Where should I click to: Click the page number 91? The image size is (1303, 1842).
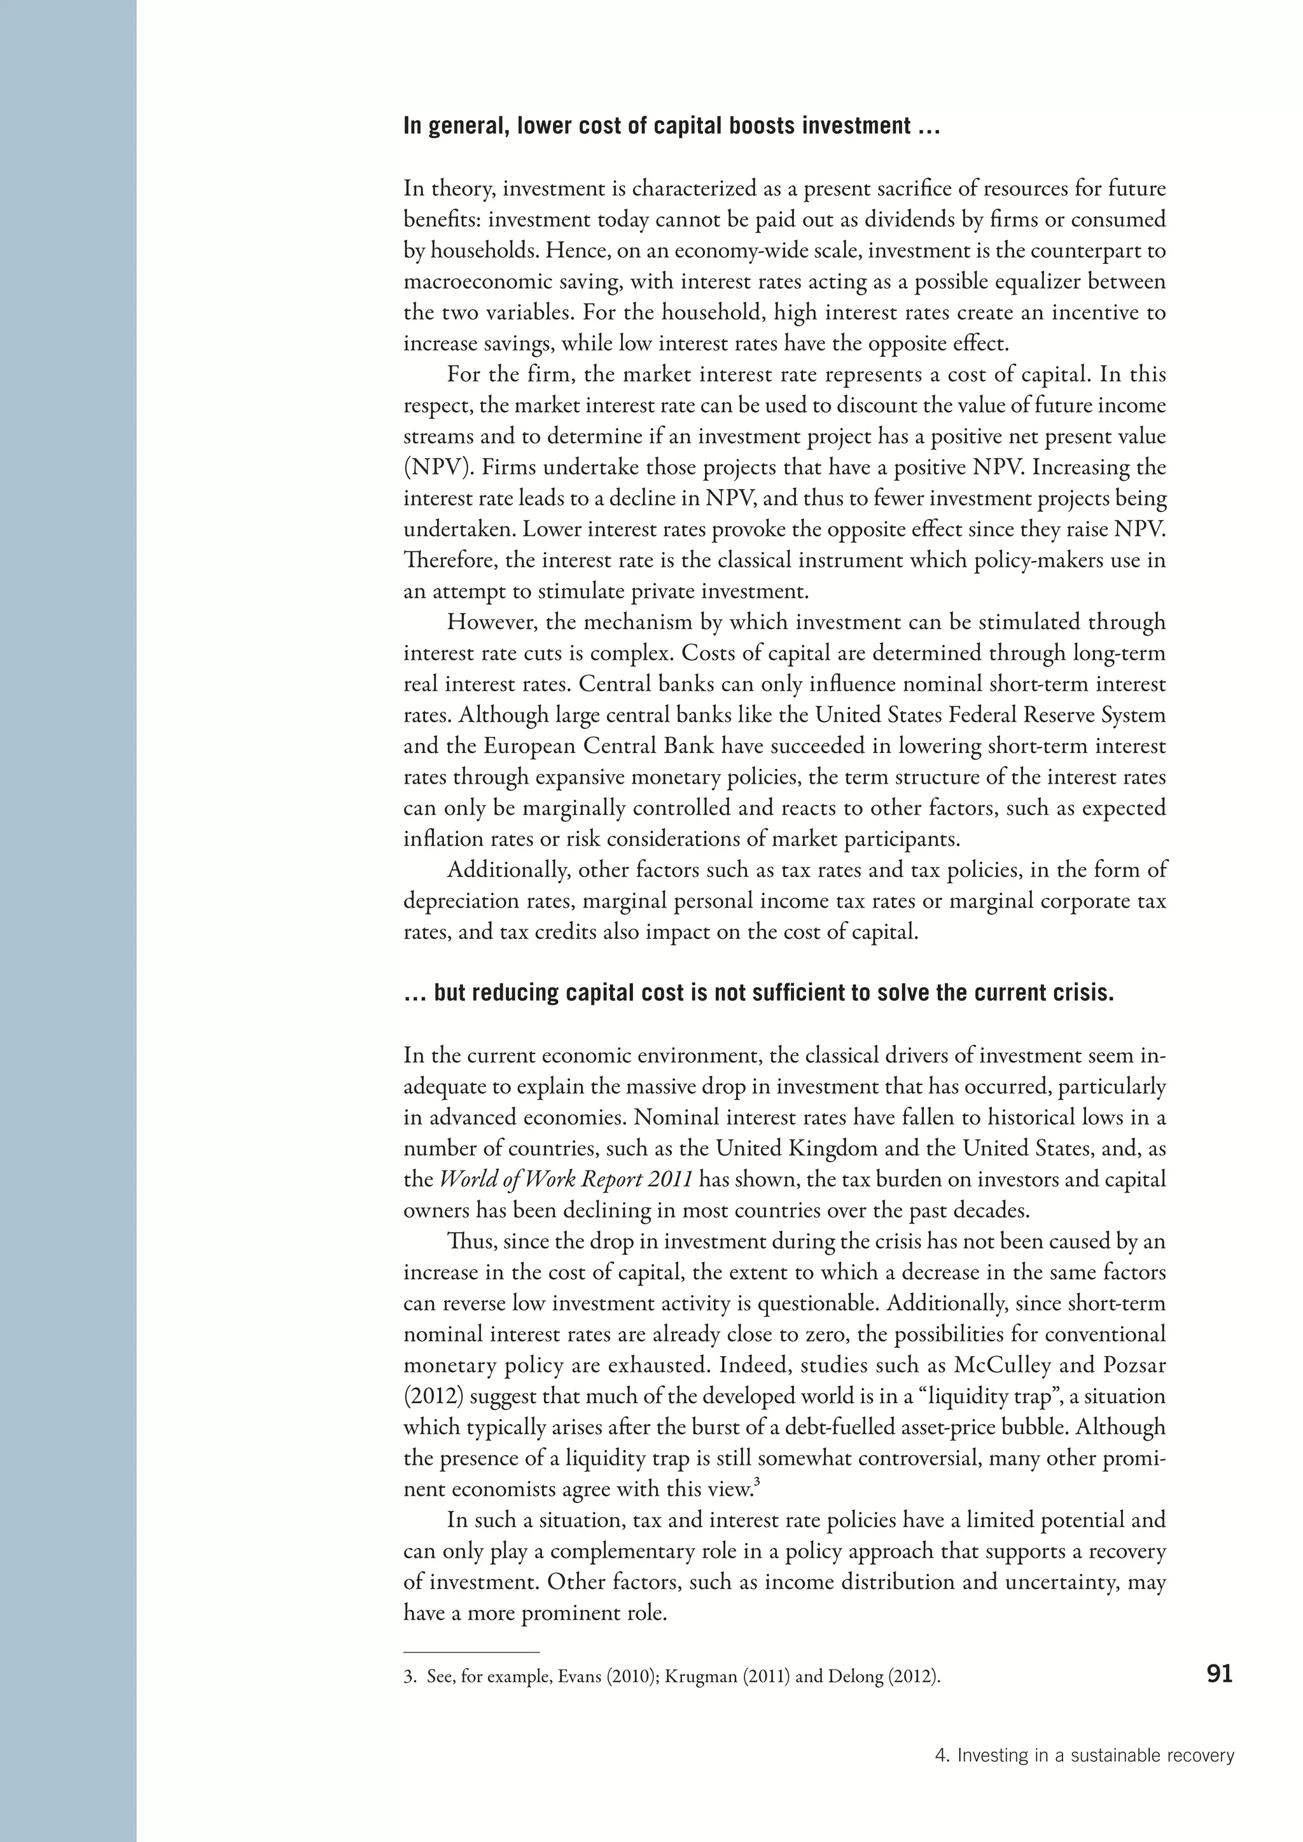[x=1219, y=1673]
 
